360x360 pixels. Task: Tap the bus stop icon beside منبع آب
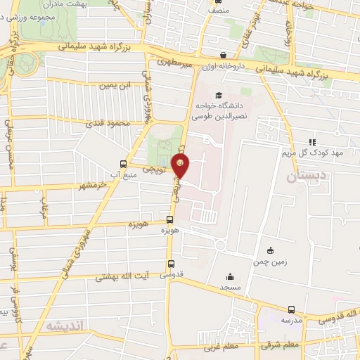pyautogui.click(x=124, y=164)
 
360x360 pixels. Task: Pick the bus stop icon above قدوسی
pyautogui.click(x=171, y=264)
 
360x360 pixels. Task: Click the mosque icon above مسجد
pyautogui.click(x=230, y=276)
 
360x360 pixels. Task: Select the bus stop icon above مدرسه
pyautogui.click(x=292, y=309)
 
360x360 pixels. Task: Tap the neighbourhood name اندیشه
pyautogui.click(x=65, y=327)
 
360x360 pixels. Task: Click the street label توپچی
pyautogui.click(x=154, y=169)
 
